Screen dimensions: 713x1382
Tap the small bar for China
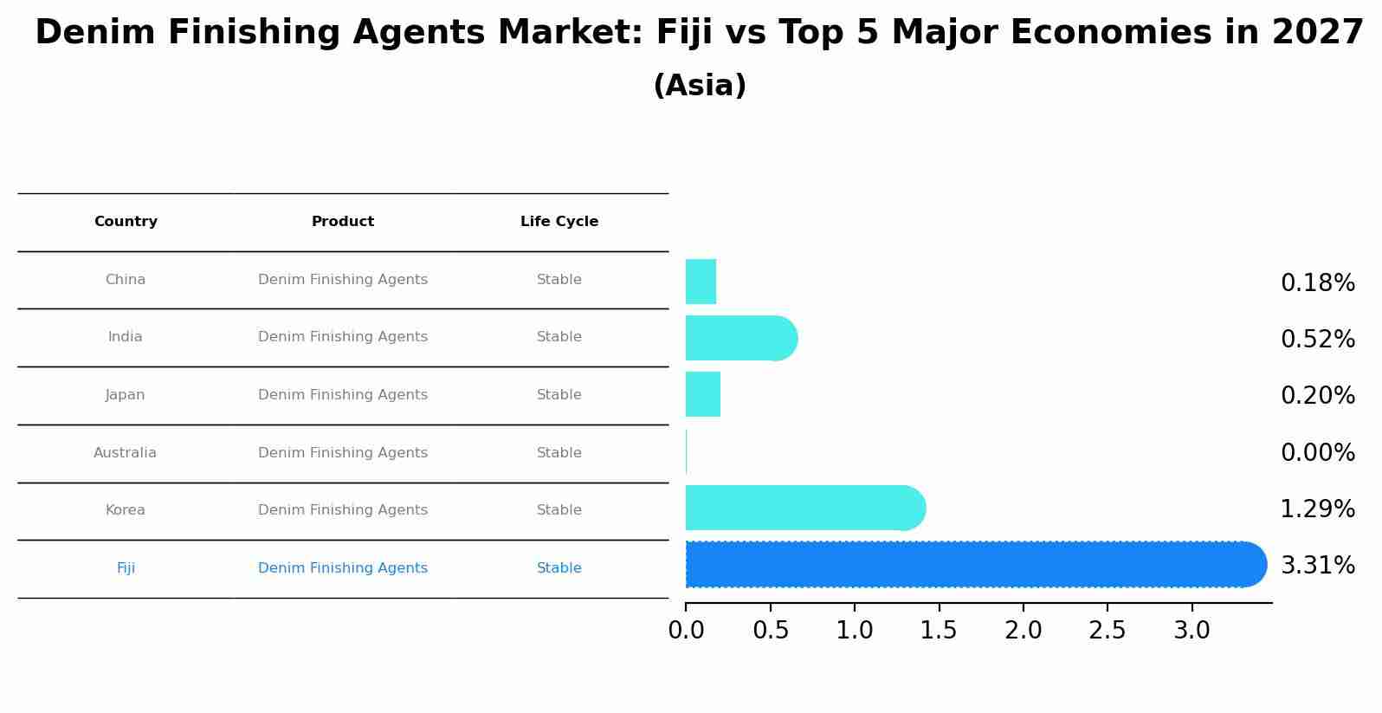[701, 282]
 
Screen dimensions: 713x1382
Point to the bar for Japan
[702, 394]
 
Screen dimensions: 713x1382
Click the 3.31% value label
[1317, 566]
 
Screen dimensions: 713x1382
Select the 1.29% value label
[1317, 509]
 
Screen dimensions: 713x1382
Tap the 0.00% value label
[1317, 453]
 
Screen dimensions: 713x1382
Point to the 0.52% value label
[1317, 340]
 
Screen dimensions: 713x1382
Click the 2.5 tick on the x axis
[1108, 631]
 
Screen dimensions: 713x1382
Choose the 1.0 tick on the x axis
[855, 631]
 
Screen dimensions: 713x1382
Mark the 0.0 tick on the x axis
[686, 631]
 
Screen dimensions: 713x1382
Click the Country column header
[126, 222]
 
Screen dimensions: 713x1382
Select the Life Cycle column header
[559, 222]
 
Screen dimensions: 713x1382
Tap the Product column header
[343, 222]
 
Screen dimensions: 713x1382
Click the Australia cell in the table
[126, 453]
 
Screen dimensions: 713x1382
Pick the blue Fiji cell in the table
[126, 568]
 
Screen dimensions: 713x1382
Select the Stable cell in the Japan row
[559, 395]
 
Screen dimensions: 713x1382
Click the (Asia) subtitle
[700, 86]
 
